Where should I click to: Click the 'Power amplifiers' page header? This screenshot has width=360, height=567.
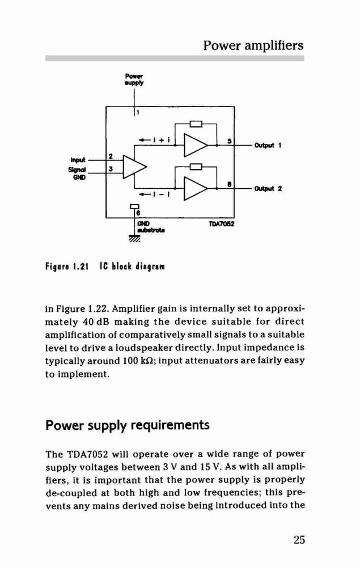tap(253, 45)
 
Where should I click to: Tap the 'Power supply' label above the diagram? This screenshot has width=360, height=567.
tap(134, 79)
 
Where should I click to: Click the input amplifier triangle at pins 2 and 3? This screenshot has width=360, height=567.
tap(135, 167)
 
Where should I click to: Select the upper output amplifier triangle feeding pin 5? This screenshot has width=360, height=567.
tap(196, 145)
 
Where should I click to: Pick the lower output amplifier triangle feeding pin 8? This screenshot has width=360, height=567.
tap(196, 188)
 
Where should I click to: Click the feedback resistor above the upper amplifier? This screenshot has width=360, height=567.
tap(196, 124)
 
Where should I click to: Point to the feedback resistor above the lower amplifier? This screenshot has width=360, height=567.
tap(196, 167)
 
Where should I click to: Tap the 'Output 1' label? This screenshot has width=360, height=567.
tap(268, 145)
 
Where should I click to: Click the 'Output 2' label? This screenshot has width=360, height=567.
tap(268, 189)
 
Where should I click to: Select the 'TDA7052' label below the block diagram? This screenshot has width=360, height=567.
tap(222, 224)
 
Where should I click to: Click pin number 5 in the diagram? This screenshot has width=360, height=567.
tap(229, 141)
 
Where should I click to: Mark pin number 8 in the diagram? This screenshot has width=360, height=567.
tap(229, 184)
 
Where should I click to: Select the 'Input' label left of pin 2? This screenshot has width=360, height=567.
tap(78, 160)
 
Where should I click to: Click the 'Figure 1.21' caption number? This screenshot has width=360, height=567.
tap(67, 267)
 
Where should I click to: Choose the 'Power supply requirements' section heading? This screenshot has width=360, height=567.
tap(128, 425)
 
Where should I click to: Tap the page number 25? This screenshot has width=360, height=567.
tap(299, 540)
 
